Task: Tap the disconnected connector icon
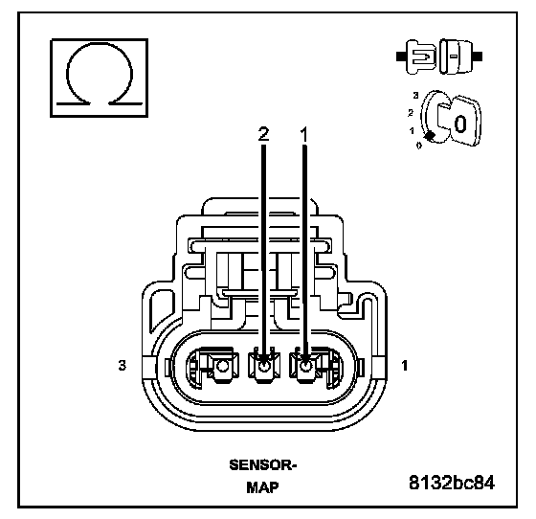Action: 439,56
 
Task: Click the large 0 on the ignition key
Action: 460,124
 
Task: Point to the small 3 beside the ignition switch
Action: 415,96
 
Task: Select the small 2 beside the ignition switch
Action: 411,112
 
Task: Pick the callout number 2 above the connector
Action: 263,134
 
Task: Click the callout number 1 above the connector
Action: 304,134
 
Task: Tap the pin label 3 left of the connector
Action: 123,365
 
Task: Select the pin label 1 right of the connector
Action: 405,366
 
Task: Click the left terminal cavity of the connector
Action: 212,367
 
